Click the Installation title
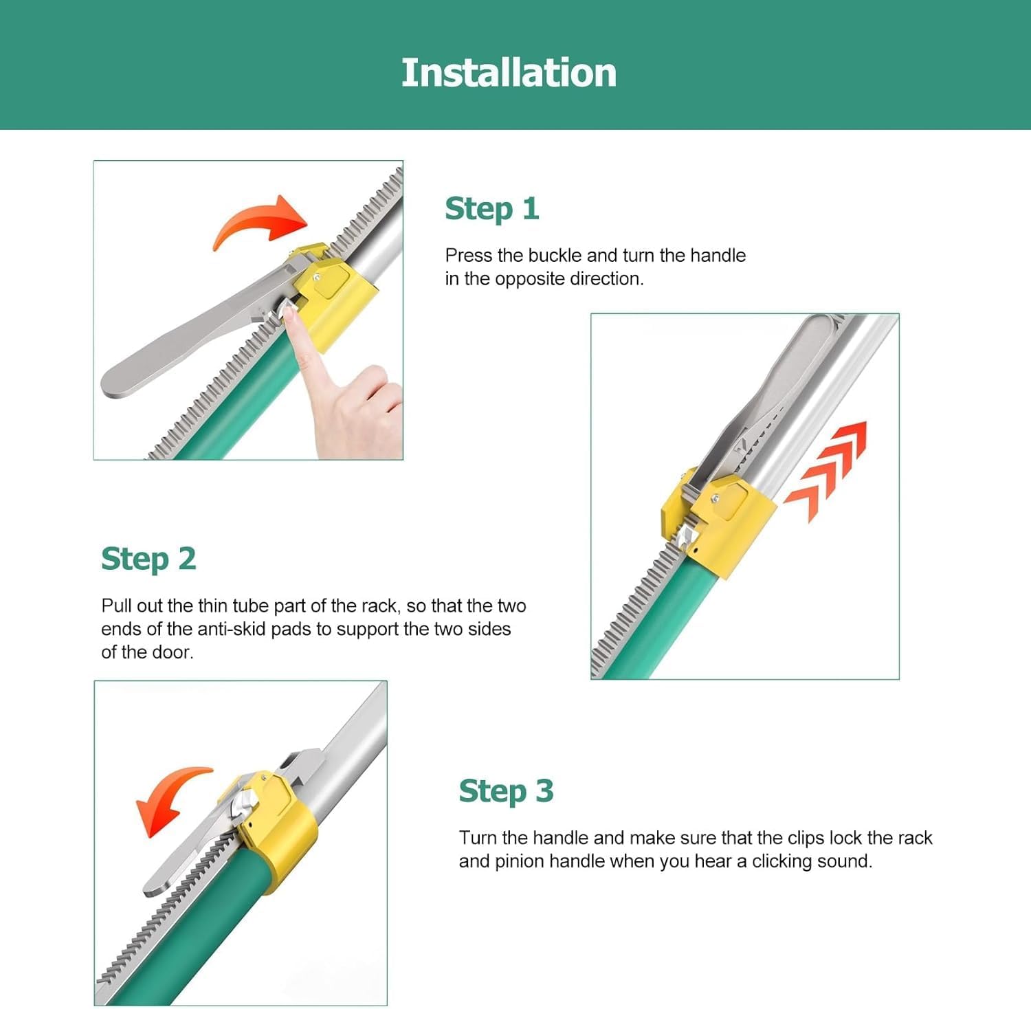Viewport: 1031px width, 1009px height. coord(509,73)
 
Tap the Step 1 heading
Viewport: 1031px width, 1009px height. coord(492,209)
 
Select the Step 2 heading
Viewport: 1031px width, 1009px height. coord(148,559)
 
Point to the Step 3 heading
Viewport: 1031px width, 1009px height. coord(507,791)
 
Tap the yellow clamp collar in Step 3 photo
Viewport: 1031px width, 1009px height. coord(275,828)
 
